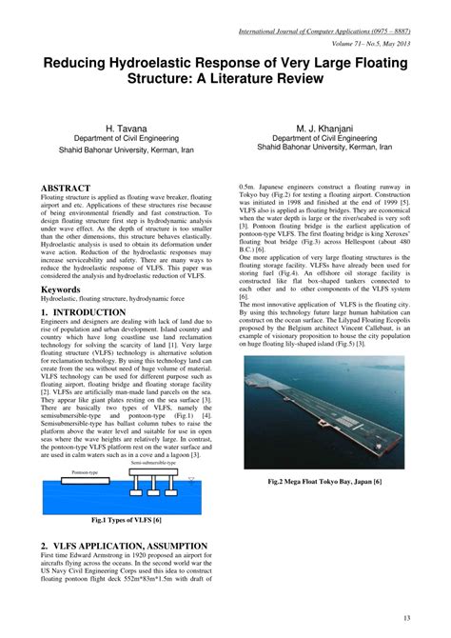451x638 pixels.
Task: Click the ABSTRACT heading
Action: click(67, 188)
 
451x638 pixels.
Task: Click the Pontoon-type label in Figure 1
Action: click(59, 471)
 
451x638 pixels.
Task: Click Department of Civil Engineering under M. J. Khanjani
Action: click(324, 137)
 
